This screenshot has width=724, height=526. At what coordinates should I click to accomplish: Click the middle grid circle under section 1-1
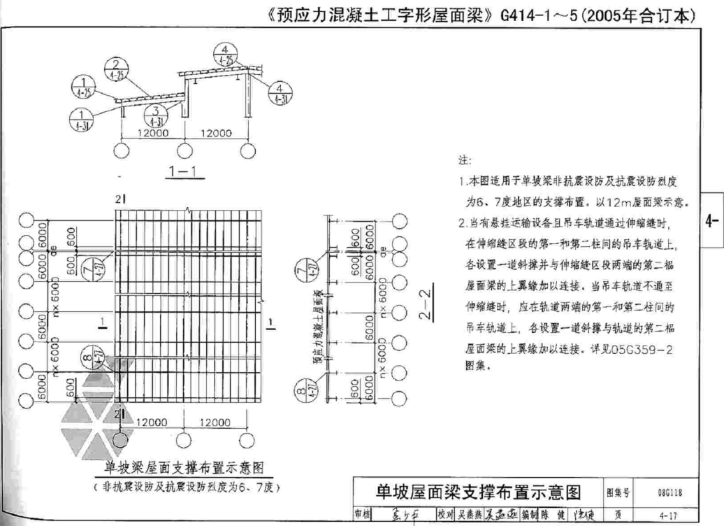pyautogui.click(x=184, y=150)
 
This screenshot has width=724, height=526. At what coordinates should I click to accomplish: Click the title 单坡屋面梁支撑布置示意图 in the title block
pyautogui.click(x=475, y=492)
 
